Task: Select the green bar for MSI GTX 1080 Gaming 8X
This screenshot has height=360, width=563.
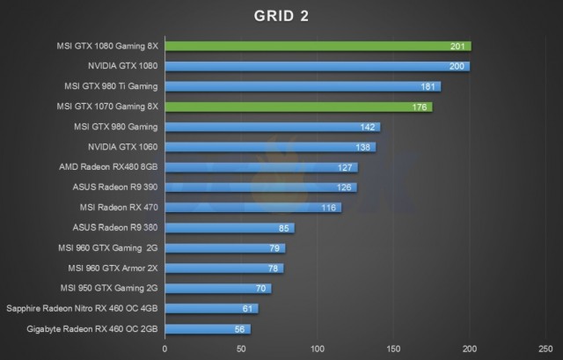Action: [317, 46]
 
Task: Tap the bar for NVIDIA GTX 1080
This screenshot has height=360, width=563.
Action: [317, 66]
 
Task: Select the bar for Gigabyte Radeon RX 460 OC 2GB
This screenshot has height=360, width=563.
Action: [208, 328]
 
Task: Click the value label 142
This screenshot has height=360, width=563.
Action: [370, 127]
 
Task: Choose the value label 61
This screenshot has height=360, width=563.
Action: [248, 308]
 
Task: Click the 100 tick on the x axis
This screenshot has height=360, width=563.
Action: [318, 349]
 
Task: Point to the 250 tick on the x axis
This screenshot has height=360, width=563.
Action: [545, 349]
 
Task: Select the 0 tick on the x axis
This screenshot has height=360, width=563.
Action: [165, 349]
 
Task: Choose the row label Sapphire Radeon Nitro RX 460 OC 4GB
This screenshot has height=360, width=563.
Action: [83, 308]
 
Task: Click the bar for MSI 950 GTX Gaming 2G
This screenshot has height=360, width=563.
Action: [217, 288]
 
